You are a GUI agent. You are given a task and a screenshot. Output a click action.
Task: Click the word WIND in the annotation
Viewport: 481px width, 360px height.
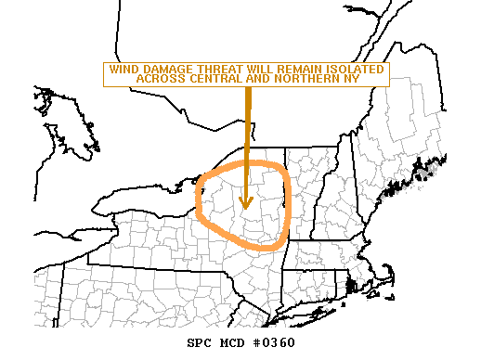(x=123, y=70)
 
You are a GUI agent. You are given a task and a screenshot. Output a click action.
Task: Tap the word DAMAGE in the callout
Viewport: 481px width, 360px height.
(x=163, y=70)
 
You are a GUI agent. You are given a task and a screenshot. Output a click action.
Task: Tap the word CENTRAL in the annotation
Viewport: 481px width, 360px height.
(x=208, y=79)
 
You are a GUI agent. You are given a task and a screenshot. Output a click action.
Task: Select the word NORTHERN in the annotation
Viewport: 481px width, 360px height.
(x=295, y=79)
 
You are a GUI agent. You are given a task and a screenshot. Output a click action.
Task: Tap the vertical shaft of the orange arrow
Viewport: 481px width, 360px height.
(x=247, y=139)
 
